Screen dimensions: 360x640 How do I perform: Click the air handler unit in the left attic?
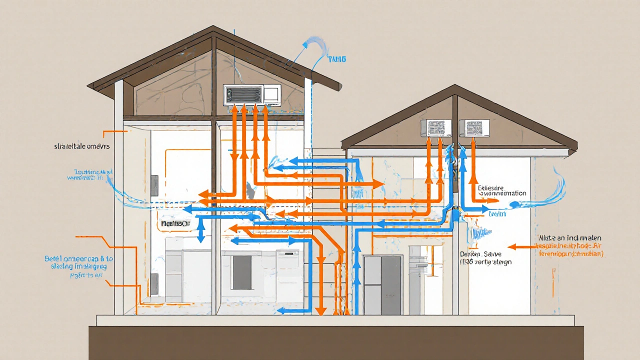(x=251, y=94)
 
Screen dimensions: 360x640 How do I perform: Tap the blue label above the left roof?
(x=336, y=59)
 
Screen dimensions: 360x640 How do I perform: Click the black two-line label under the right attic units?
(x=501, y=190)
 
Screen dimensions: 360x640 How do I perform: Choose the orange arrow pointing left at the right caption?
(x=521, y=246)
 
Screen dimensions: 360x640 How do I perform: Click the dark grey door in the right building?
(x=383, y=285)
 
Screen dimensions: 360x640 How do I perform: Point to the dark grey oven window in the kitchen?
(x=242, y=272)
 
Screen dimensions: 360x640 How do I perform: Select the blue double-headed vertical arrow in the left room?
(x=200, y=229)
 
